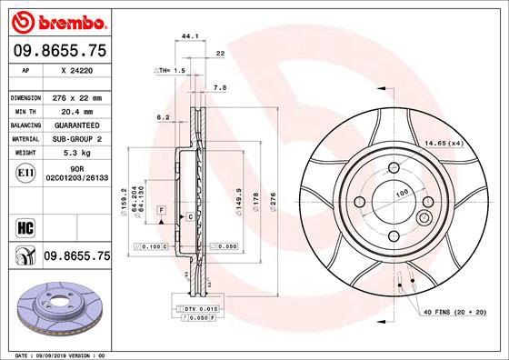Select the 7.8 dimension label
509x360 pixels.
pyautogui.click(x=219, y=88)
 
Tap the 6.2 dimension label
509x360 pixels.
pyautogui.click(x=164, y=117)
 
